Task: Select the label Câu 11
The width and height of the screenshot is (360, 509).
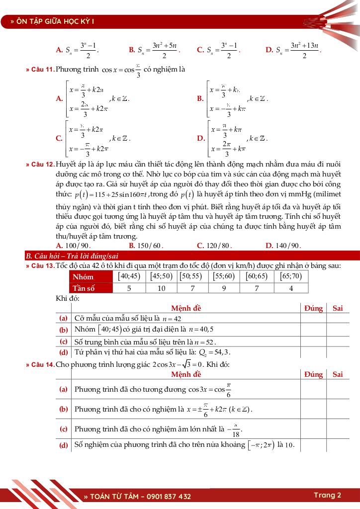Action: (x=42, y=70)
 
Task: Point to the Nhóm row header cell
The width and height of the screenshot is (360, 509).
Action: (x=83, y=277)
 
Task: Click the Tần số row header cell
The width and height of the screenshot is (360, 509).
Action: (x=84, y=288)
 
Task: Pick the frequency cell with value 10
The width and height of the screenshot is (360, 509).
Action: (x=162, y=288)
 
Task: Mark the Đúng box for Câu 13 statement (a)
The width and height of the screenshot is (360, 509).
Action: (x=313, y=319)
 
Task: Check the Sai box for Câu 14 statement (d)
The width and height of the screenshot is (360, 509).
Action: (x=338, y=445)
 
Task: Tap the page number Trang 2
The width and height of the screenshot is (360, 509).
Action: (x=327, y=495)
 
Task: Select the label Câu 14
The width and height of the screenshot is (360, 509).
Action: (x=42, y=365)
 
